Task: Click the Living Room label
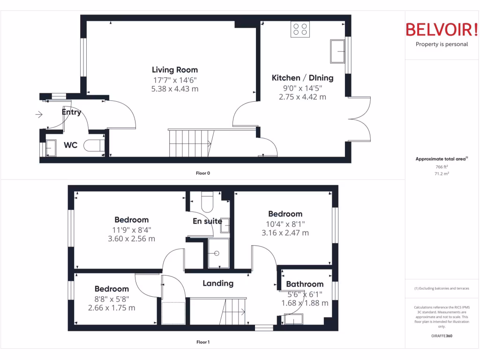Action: pyautogui.click(x=174, y=70)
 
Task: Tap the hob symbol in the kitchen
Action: pyautogui.click(x=300, y=29)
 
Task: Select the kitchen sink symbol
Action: pyautogui.click(x=337, y=51)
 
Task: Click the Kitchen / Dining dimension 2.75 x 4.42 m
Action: pyautogui.click(x=302, y=97)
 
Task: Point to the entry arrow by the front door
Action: pyautogui.click(x=38, y=114)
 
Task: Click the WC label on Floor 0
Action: pyautogui.click(x=70, y=145)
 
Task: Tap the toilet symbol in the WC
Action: pyautogui.click(x=94, y=146)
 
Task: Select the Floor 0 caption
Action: pyautogui.click(x=202, y=173)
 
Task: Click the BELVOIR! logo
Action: pyautogui.click(x=442, y=30)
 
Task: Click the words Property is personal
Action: pyautogui.click(x=442, y=45)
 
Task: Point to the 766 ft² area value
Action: pyautogui.click(x=441, y=167)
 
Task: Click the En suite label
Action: pyautogui.click(x=207, y=221)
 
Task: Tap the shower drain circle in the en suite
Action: pyautogui.click(x=217, y=253)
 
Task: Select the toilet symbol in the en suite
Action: pyautogui.click(x=207, y=202)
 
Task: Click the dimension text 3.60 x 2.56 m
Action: pyautogui.click(x=131, y=239)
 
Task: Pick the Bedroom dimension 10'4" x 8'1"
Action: pyautogui.click(x=285, y=224)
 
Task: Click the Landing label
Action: pyautogui.click(x=218, y=283)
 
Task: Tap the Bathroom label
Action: pyautogui.click(x=305, y=284)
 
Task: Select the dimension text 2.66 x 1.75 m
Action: pyautogui.click(x=112, y=308)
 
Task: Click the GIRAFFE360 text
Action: pyautogui.click(x=441, y=336)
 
